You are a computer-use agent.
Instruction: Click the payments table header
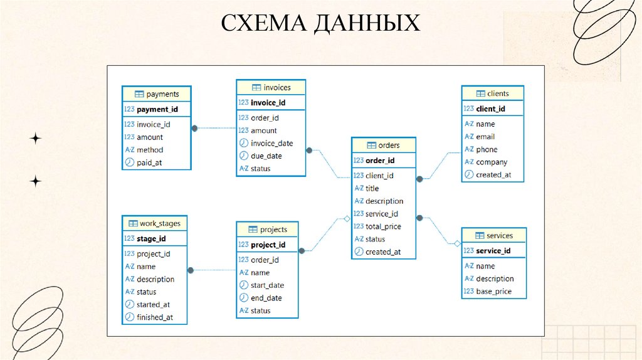click(x=156, y=94)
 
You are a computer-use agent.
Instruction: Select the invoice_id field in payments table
click(x=153, y=124)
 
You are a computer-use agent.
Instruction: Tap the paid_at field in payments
click(x=149, y=162)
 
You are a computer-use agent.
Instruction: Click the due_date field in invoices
click(x=266, y=156)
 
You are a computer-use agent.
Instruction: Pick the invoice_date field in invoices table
click(x=271, y=143)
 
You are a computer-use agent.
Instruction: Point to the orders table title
click(x=384, y=145)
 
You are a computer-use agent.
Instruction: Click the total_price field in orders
click(x=383, y=226)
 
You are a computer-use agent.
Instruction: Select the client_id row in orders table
click(x=379, y=176)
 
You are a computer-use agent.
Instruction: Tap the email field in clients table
click(x=485, y=137)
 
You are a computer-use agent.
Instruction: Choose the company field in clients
click(x=492, y=162)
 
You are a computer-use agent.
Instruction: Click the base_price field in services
click(x=493, y=291)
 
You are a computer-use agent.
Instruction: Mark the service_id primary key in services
click(x=493, y=251)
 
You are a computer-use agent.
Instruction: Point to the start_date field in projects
click(x=267, y=285)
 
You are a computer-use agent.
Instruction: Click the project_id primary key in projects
click(x=268, y=245)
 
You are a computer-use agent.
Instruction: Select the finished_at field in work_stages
click(x=154, y=317)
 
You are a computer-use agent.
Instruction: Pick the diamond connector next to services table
click(x=458, y=243)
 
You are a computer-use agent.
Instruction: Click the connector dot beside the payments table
click(x=194, y=128)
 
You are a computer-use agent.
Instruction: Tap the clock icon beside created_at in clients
click(x=468, y=174)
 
